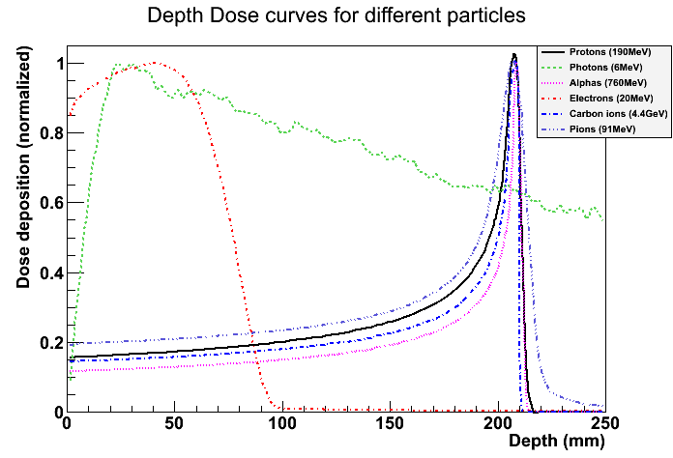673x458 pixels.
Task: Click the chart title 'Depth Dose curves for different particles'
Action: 336,16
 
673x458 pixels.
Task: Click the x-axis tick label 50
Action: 174,424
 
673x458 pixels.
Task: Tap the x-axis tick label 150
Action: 390,424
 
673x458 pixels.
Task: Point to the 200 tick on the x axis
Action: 497,424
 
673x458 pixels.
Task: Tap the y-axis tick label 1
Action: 59,64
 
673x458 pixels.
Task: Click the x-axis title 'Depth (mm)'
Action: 556,442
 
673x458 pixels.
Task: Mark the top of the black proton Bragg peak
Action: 514,55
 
